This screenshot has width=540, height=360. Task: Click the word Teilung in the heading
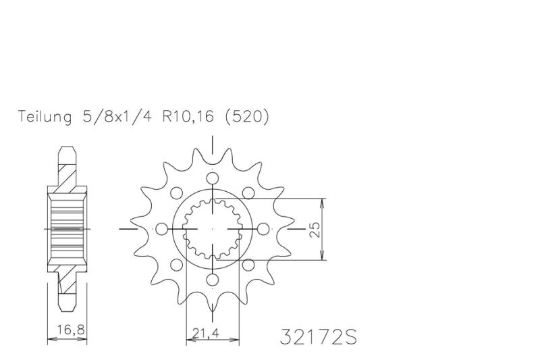pos(45,117)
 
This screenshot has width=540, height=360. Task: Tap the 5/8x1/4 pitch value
pos(117,117)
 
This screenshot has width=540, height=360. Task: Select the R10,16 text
pos(188,117)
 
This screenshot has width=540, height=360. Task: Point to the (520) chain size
pos(247,117)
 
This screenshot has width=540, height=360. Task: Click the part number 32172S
pos(318,336)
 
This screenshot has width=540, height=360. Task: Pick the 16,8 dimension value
pos(71,330)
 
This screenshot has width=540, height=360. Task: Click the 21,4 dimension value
pos(206,333)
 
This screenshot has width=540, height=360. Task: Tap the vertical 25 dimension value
pos(315,230)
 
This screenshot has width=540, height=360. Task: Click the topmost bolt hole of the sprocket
pos(213,178)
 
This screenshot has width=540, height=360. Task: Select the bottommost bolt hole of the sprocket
pos(213,279)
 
